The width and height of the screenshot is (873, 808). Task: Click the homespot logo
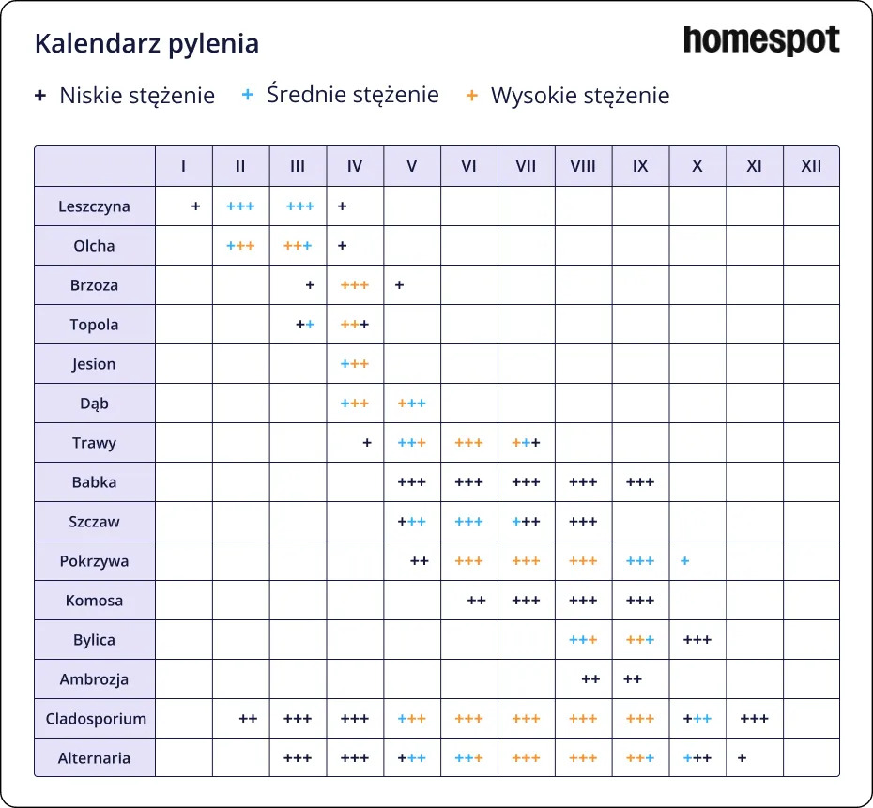click(x=761, y=41)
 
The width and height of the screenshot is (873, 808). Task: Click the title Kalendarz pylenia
click(x=146, y=44)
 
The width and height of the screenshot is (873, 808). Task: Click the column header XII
click(x=811, y=166)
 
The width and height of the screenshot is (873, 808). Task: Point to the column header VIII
click(x=583, y=166)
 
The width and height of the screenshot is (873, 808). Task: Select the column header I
click(x=183, y=166)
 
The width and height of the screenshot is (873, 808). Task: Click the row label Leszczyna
click(x=94, y=206)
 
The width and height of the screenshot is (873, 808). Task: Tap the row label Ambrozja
click(x=94, y=679)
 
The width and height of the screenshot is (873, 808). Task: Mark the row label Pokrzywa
click(x=94, y=561)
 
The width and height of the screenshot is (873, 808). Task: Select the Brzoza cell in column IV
click(x=355, y=285)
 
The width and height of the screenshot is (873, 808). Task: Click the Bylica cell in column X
click(x=697, y=640)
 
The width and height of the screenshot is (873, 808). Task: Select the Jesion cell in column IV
click(x=355, y=364)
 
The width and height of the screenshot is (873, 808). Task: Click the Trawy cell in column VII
click(x=526, y=443)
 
